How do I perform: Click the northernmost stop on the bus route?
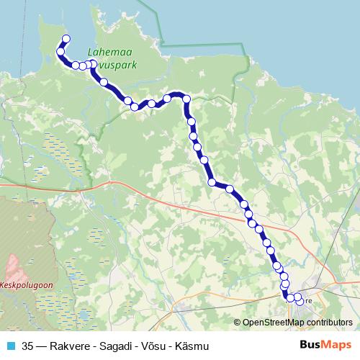pos(66,39)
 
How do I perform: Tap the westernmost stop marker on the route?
pos(60,52)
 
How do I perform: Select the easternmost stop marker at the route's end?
pos(298,297)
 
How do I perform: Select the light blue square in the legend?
pos(10,345)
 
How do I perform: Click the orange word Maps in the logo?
pos(336,344)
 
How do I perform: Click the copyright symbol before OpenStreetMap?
pos(238,322)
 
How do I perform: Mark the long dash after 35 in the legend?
pos(43,345)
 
